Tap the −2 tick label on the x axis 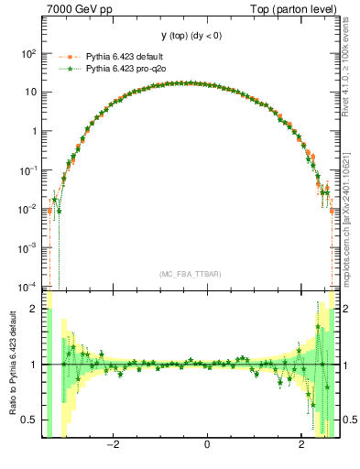point(112,446)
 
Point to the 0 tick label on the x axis point(208,446)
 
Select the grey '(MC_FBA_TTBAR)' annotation point(189,273)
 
